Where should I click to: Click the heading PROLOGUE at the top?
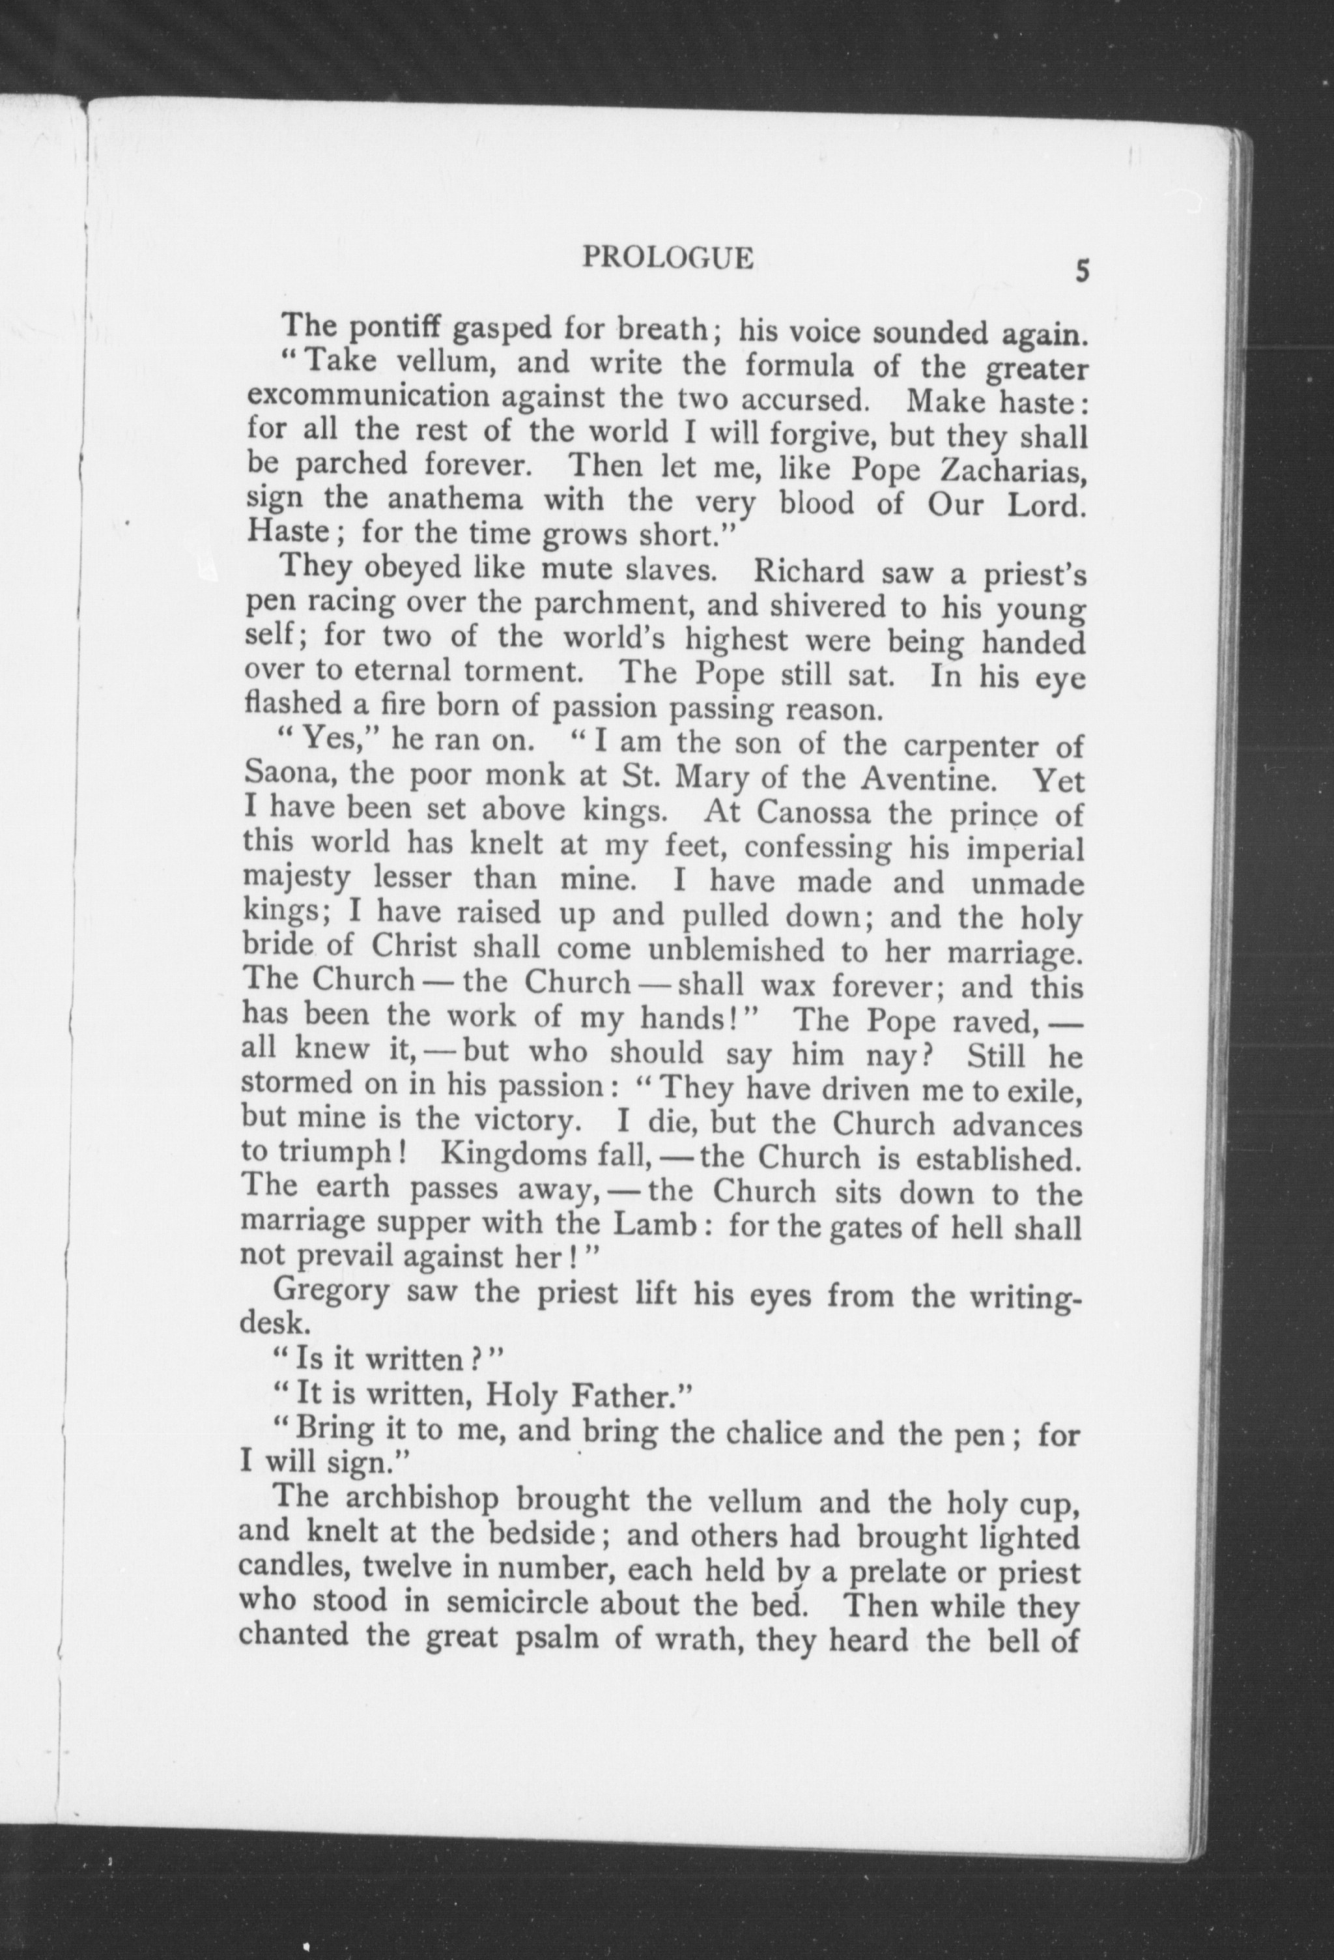tap(667, 257)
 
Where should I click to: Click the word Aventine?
tap(928, 776)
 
